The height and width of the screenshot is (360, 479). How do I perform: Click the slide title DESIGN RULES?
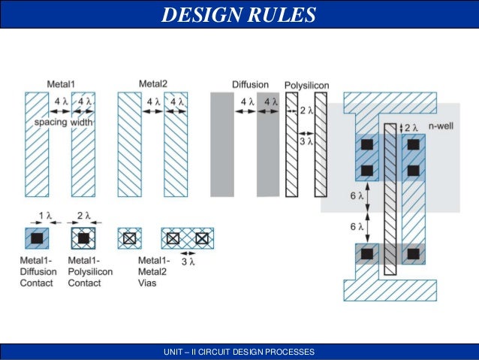[x=239, y=14]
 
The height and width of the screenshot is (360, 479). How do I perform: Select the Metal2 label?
[x=153, y=83]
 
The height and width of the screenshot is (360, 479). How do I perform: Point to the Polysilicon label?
[x=306, y=85]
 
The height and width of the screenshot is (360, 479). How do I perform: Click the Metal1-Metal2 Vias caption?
[x=154, y=271]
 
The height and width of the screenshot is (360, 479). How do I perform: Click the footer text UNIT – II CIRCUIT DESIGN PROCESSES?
[x=239, y=352]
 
